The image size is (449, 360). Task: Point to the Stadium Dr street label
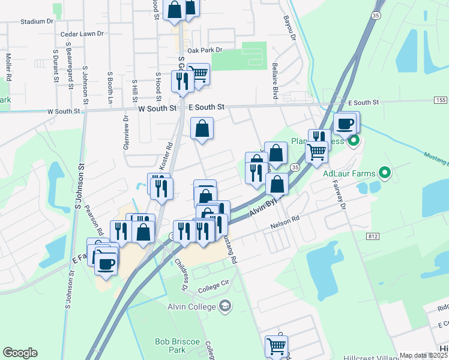coord(37,21)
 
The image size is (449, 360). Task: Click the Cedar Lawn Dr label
coord(83,35)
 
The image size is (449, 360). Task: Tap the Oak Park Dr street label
coord(205,50)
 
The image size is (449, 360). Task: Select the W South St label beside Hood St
coord(157,109)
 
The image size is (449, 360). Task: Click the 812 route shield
coord(372,237)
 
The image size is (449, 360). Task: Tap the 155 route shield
coord(441,100)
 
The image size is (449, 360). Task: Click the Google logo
coord(20,353)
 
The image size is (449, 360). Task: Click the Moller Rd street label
coord(9,67)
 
